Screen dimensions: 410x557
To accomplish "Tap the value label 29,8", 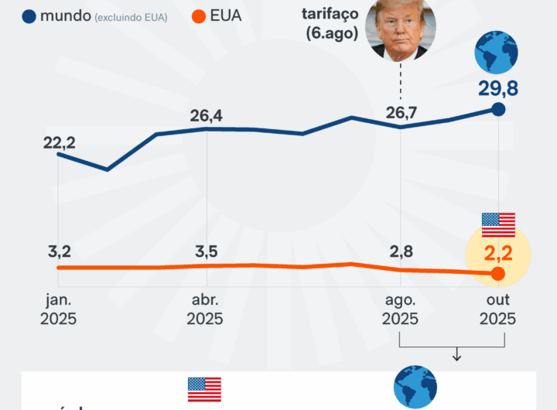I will pos(497,88).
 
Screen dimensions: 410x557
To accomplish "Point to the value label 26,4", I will pos(206,116).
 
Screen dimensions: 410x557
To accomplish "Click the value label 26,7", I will pos(401,114).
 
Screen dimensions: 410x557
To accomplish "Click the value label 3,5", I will pos(206,251).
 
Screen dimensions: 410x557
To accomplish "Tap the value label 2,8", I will pos(401,251).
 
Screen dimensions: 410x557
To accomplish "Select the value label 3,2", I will pos(60,251).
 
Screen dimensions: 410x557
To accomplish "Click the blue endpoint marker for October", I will pos(499,110).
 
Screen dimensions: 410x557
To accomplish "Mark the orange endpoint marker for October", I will pos(498,274).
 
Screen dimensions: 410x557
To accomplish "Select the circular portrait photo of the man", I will pos(401,29).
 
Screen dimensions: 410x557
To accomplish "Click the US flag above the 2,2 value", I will pos(498,224).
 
